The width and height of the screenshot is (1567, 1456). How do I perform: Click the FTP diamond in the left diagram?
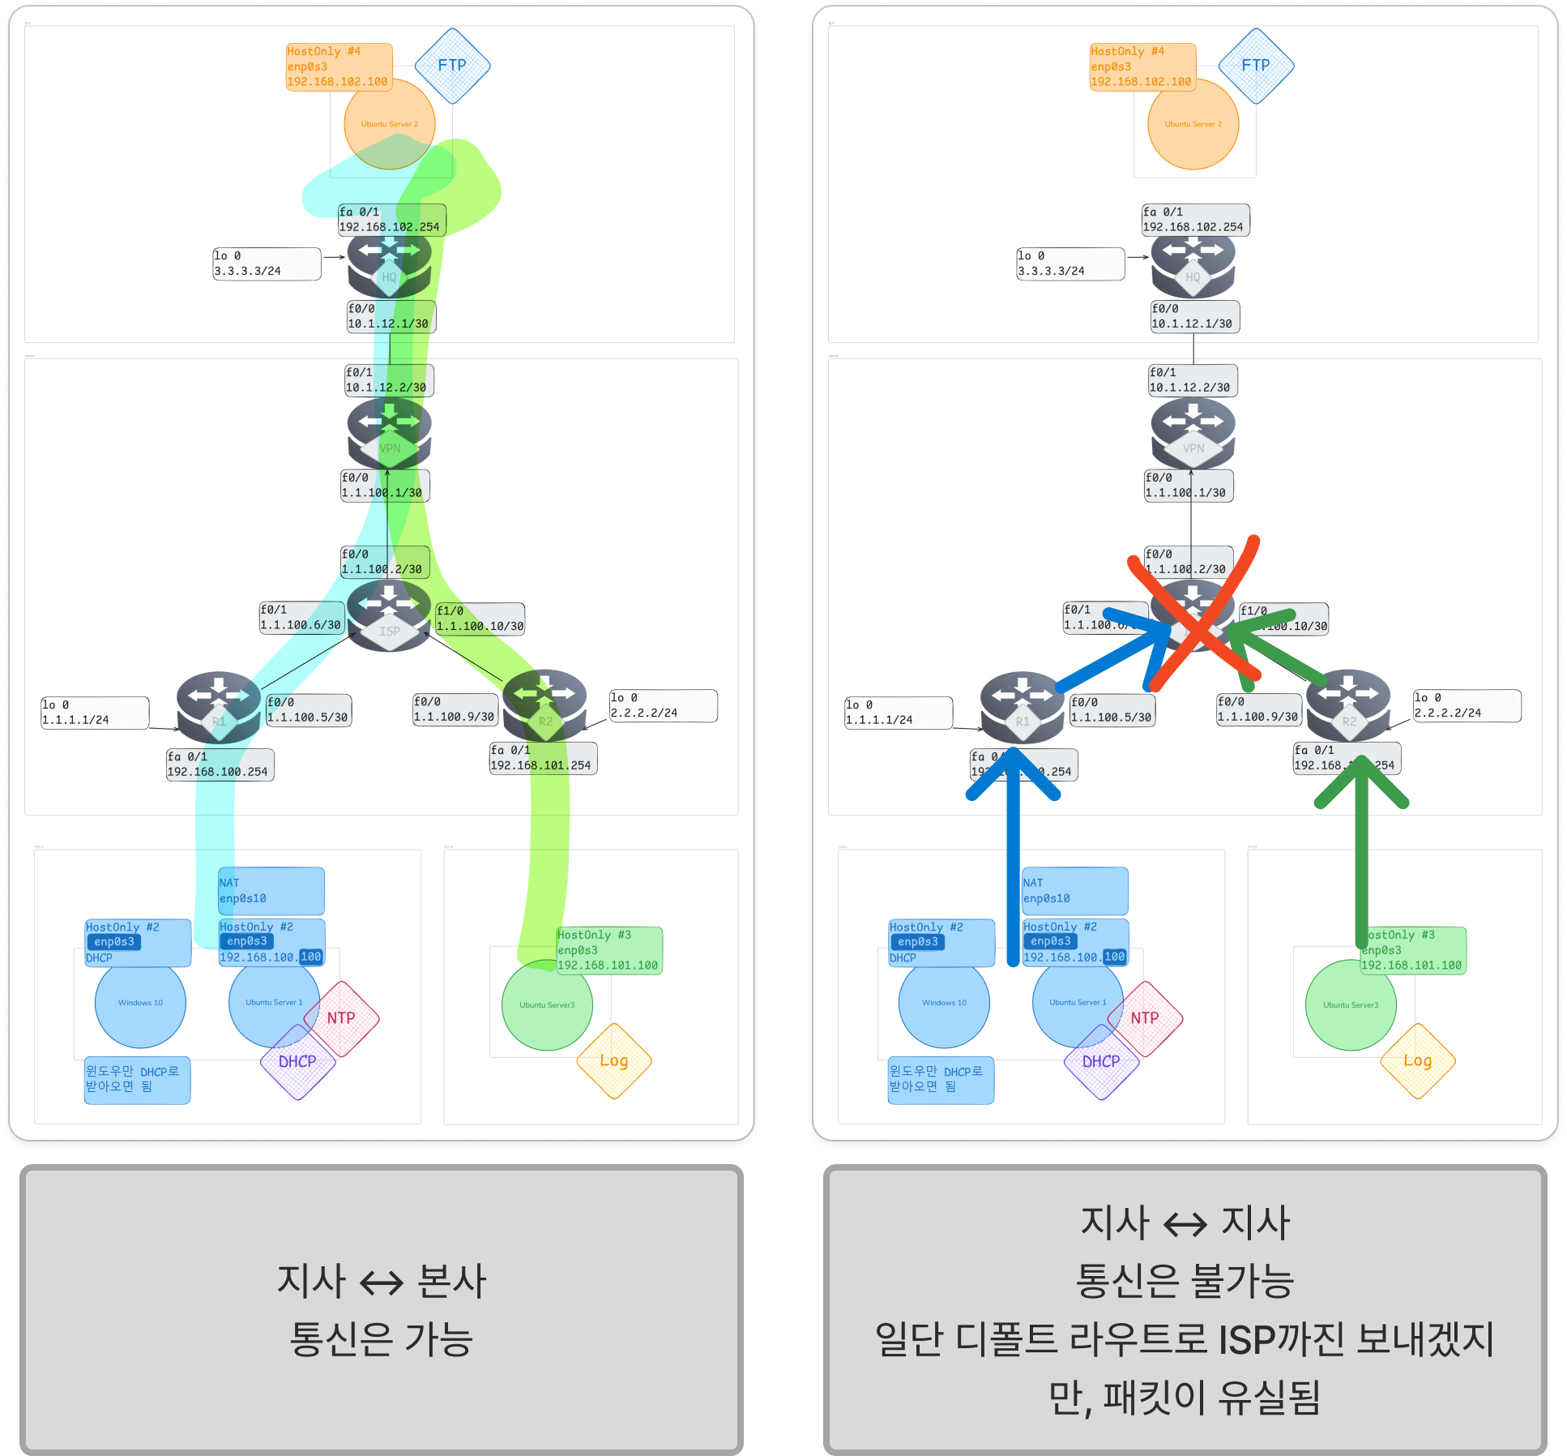point(452,66)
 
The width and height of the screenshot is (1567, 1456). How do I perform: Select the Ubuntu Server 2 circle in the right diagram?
point(1193,124)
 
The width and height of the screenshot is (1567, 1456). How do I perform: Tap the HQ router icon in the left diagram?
point(389,265)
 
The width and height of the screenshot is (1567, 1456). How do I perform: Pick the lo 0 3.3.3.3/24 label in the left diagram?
point(266,263)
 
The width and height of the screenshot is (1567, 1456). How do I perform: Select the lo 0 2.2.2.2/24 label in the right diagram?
point(1467,705)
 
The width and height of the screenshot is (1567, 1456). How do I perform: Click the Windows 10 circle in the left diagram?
point(140,1003)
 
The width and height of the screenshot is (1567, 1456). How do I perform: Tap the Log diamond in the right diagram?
point(1417,1060)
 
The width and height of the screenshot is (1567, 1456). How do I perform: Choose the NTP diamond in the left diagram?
point(341,1018)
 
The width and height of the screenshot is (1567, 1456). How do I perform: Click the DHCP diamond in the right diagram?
point(1100,1061)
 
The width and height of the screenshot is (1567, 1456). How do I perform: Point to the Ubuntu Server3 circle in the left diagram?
point(547,1005)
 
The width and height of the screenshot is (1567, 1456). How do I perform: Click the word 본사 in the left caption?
point(451,1281)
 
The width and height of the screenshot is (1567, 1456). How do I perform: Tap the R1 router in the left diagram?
point(219,707)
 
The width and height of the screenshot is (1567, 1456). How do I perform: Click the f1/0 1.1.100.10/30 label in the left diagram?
point(480,619)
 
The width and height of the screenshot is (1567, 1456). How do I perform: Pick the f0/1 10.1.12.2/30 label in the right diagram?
point(1192,380)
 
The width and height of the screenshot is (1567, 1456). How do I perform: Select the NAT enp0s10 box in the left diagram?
point(271,891)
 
